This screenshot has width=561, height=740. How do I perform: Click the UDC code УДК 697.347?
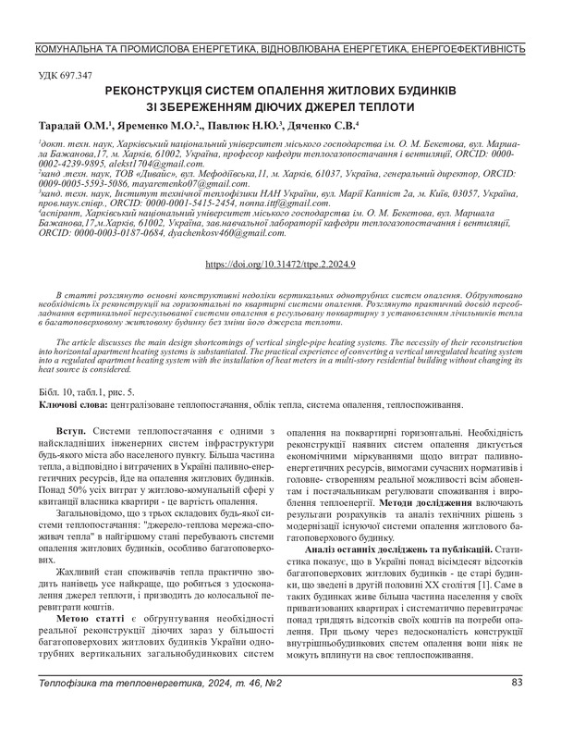tap(67, 75)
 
